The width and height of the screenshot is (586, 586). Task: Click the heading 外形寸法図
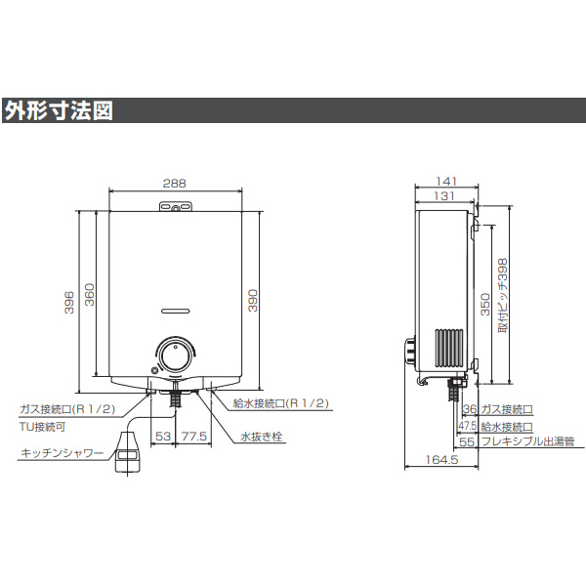[x=59, y=110]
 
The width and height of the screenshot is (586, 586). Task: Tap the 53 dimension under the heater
[x=163, y=437]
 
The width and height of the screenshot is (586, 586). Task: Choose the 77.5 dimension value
[x=192, y=437]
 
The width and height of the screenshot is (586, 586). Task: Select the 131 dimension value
[x=443, y=196]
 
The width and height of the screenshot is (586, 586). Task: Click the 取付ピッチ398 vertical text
[x=503, y=297]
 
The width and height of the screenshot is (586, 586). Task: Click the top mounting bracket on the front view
[x=174, y=206]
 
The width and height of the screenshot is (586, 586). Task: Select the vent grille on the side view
[x=448, y=349]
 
